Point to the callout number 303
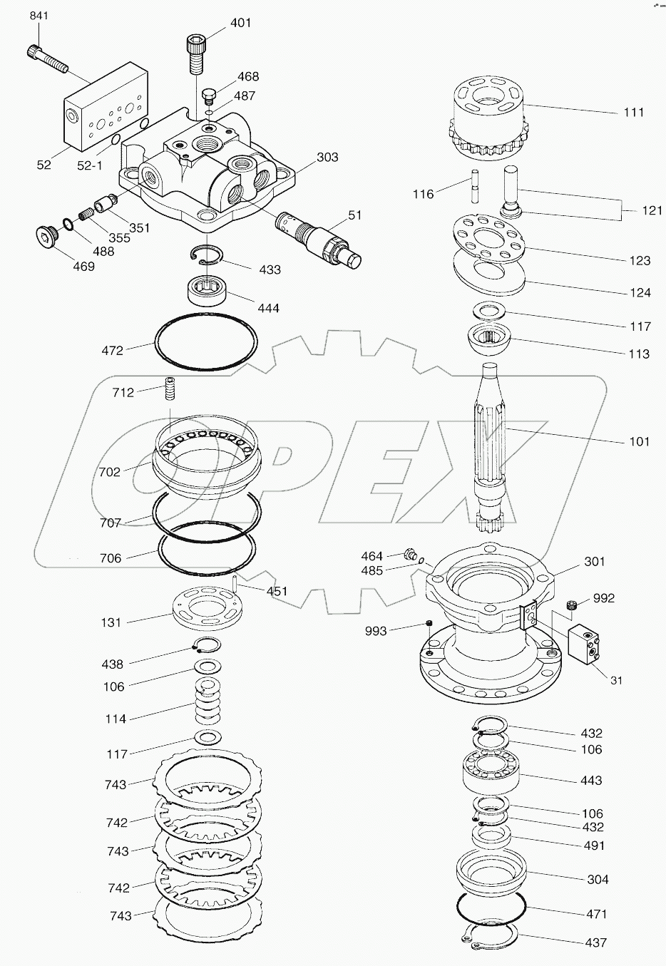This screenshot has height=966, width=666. (x=327, y=157)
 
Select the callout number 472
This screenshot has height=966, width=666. (x=112, y=350)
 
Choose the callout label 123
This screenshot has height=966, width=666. (x=640, y=260)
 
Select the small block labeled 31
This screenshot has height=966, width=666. (x=586, y=647)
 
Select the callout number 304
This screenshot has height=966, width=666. (x=597, y=879)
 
